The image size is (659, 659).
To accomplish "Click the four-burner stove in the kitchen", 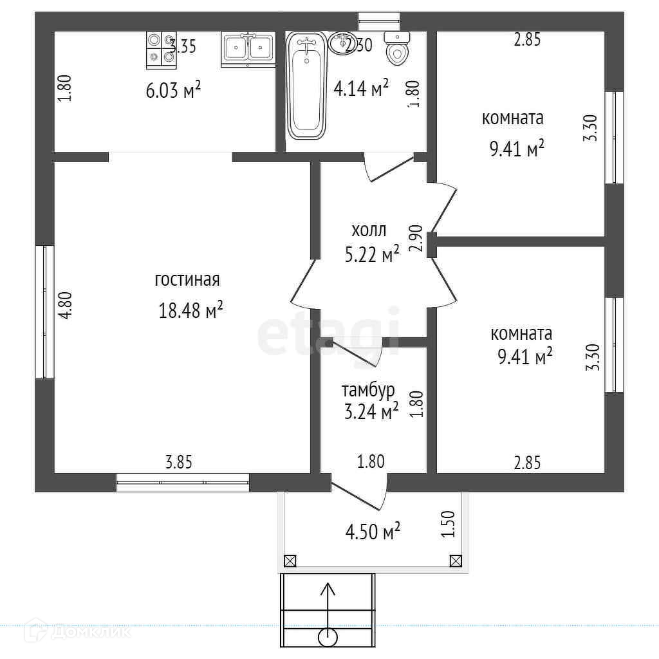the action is click(x=161, y=48).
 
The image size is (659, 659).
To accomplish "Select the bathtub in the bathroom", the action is click(x=306, y=86).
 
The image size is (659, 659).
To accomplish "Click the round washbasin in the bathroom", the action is click(x=340, y=44).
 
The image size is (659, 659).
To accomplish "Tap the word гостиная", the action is click(x=187, y=280).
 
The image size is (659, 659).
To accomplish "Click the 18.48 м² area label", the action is click(x=190, y=311).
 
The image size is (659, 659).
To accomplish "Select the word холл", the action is click(x=369, y=230).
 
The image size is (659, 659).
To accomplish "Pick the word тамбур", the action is click(x=368, y=390).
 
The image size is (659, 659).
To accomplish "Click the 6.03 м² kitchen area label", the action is click(x=174, y=90).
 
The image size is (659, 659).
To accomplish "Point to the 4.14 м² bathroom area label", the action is click(x=361, y=88).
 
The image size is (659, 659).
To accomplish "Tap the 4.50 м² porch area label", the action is click(x=373, y=532).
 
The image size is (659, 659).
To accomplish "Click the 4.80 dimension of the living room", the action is click(x=65, y=306).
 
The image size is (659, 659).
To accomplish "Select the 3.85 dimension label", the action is click(x=179, y=461).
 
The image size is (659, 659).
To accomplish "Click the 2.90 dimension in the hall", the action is click(x=415, y=238).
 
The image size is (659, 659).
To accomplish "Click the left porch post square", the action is click(x=290, y=561).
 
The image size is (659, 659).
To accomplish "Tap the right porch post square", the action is click(x=455, y=561).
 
